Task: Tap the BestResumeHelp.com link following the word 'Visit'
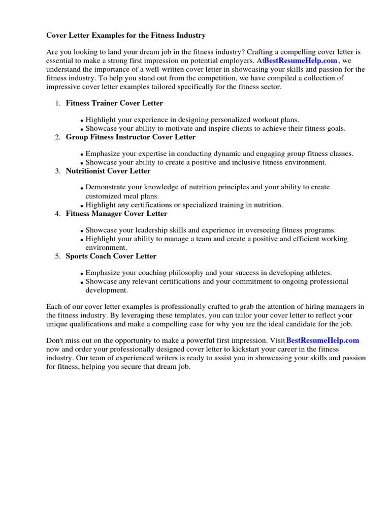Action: coord(322,340)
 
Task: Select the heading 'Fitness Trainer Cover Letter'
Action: coord(114,103)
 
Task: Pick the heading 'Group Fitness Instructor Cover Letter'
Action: coord(131,137)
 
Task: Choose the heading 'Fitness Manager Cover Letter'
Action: coord(116,214)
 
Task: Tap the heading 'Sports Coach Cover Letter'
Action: coord(111,256)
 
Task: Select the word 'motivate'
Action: coord(175,129)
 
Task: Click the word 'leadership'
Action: coord(152,230)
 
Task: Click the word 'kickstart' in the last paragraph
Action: coord(241,349)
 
